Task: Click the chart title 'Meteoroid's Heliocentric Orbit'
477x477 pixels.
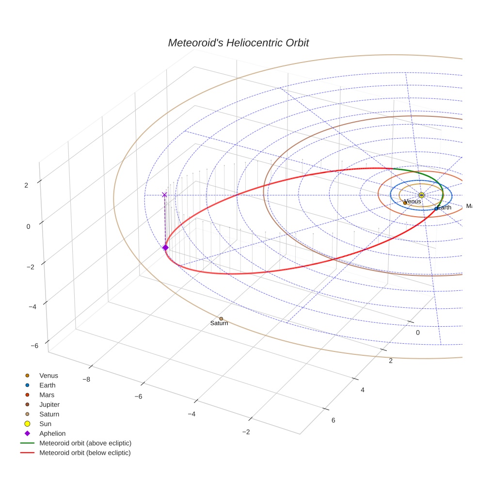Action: point(238,43)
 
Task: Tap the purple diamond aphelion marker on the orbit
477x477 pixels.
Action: point(165,248)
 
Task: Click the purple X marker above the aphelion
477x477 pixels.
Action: point(164,195)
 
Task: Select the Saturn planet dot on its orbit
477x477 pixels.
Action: point(221,318)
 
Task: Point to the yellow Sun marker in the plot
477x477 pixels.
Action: point(421,195)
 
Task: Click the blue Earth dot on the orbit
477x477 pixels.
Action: point(436,208)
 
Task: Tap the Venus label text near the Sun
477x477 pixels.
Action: point(413,201)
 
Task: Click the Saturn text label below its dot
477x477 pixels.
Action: point(219,323)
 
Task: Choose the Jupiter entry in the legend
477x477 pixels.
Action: point(49,404)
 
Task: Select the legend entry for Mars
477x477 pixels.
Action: point(47,395)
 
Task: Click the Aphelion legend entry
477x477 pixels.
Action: point(52,433)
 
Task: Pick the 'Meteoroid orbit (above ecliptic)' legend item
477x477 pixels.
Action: point(85,443)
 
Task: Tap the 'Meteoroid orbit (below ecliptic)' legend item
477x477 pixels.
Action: point(85,453)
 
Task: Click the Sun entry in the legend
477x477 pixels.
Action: point(45,424)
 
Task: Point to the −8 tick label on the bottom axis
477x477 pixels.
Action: point(86,379)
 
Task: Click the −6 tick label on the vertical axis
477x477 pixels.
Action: point(34,346)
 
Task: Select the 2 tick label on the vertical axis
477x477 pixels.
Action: point(27,185)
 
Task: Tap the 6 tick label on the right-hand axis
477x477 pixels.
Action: point(333,420)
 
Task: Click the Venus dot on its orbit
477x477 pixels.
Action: point(405,203)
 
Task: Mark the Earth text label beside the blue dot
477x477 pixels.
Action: point(444,207)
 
